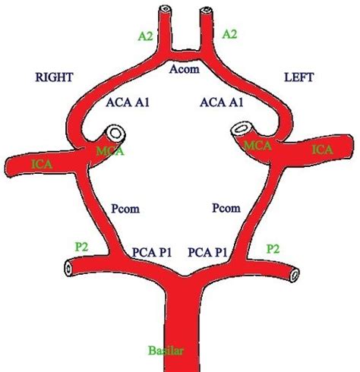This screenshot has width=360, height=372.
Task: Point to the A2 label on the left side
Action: [146, 34]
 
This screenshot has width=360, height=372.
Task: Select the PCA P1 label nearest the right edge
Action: [210, 250]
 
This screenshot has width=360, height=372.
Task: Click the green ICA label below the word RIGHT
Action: [36, 162]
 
